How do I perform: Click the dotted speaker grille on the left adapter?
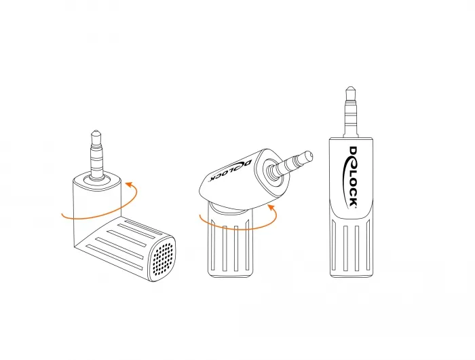(x=164, y=257)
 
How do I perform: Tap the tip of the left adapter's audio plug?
(x=96, y=130)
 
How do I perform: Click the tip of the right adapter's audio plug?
(x=351, y=88)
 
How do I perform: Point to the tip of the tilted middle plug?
(x=310, y=155)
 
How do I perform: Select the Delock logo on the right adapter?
(x=352, y=177)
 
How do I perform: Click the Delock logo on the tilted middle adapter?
(x=230, y=171)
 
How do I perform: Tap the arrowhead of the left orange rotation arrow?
(x=128, y=184)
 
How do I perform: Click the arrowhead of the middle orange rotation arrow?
(x=271, y=208)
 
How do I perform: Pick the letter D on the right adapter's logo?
(x=354, y=151)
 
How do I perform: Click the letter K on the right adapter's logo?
(x=354, y=202)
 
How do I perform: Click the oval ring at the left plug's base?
(x=96, y=179)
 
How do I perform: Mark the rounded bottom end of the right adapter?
(x=351, y=274)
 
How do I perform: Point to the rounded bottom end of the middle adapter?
(x=230, y=274)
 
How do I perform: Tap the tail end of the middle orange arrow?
(x=200, y=215)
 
